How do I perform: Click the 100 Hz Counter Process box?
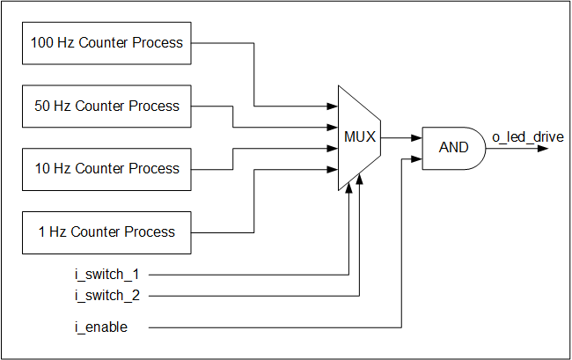click(106, 42)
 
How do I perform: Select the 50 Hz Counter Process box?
click(106, 106)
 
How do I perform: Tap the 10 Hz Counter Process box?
click(106, 168)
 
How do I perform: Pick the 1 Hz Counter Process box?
click(106, 231)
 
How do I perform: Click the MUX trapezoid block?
click(359, 137)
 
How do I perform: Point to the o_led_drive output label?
click(528, 136)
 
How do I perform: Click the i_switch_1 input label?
click(107, 275)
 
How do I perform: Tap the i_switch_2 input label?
click(107, 295)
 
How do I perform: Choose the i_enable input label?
click(100, 327)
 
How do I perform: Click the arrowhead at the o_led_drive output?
click(544, 148)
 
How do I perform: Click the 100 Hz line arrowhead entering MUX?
click(334, 107)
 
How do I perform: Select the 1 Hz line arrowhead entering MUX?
click(334, 169)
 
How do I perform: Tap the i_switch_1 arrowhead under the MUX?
click(349, 186)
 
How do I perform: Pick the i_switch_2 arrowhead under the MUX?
click(361, 177)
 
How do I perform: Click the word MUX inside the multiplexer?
click(359, 137)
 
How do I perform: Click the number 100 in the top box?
click(42, 42)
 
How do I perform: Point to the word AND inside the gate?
click(453, 147)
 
